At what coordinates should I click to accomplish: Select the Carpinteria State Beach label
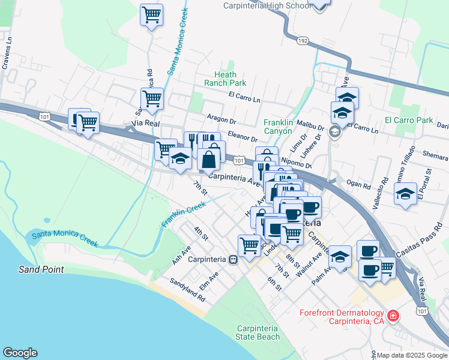point(258,332)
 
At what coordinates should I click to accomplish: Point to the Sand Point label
point(41,269)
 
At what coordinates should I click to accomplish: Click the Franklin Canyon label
point(279,127)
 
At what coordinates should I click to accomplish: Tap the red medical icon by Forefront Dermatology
point(393,315)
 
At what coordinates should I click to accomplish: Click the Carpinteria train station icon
point(233,259)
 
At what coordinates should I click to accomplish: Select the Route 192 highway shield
point(303,41)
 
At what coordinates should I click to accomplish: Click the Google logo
point(20,353)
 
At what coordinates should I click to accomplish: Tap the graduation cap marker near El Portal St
point(406,194)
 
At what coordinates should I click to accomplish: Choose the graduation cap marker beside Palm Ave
point(340,256)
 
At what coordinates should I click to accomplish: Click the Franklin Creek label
point(183,214)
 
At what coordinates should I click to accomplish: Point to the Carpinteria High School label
point(267,5)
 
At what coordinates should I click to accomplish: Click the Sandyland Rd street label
point(187,290)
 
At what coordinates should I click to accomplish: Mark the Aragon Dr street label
point(221,119)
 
